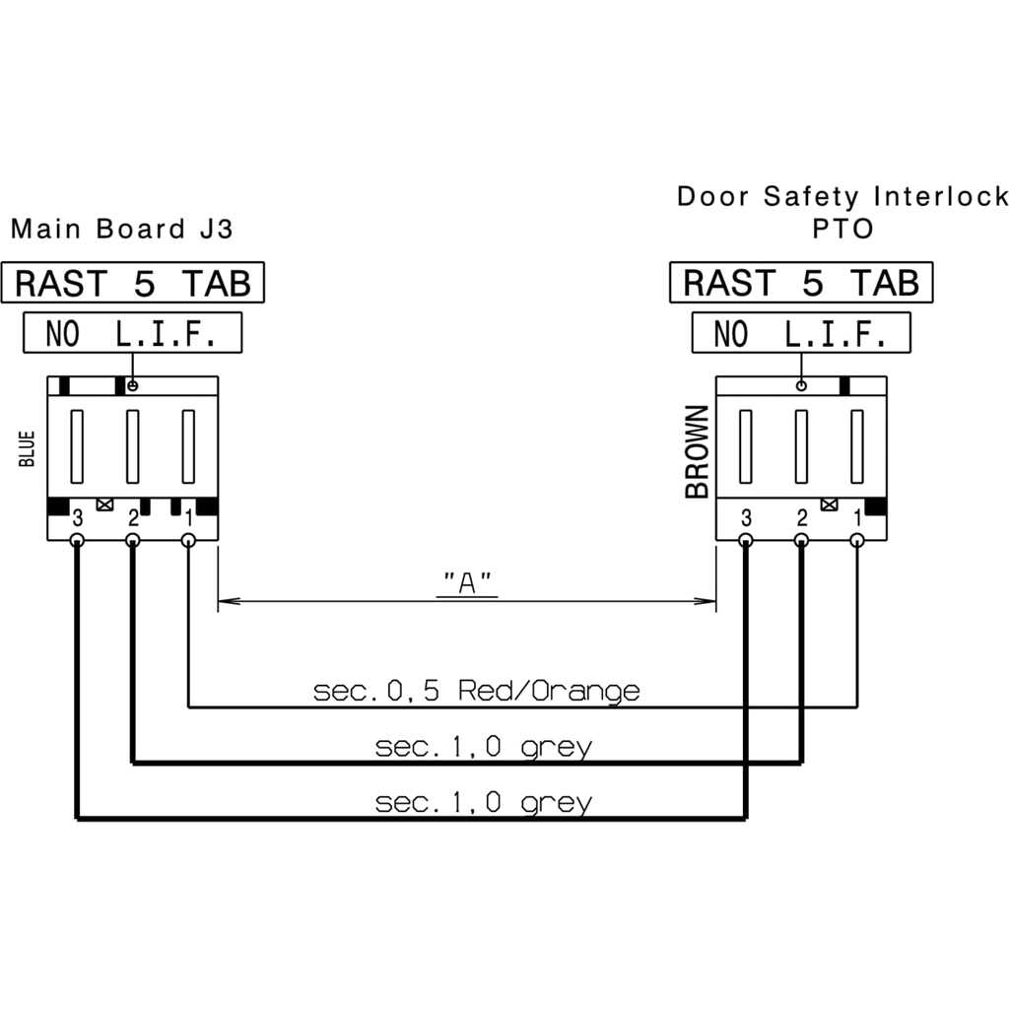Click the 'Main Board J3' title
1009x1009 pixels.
[x=121, y=229]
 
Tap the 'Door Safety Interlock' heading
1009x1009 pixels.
[x=842, y=196]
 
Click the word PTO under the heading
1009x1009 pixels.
[x=842, y=229]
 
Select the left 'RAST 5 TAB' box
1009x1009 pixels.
[x=133, y=283]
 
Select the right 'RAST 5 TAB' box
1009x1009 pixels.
[x=801, y=283]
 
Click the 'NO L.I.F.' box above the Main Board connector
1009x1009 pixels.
[x=133, y=333]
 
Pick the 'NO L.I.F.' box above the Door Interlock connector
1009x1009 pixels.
[x=801, y=333]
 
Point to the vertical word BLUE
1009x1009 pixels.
[x=27, y=448]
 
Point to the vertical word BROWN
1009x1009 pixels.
[x=697, y=451]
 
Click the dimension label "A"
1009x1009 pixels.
[x=467, y=583]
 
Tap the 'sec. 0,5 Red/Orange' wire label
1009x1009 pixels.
[x=476, y=691]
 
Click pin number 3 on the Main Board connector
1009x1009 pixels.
[x=77, y=517]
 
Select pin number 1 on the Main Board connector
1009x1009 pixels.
[x=188, y=517]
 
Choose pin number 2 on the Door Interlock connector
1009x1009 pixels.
[x=802, y=517]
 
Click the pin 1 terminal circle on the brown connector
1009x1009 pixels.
[x=857, y=540]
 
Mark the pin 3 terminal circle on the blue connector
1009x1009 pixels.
[x=77, y=540]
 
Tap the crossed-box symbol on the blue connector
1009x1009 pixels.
[x=104, y=504]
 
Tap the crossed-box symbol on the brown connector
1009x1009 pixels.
[x=830, y=504]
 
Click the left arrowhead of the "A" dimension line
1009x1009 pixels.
[x=229, y=601]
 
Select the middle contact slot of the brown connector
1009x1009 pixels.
[x=801, y=446]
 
